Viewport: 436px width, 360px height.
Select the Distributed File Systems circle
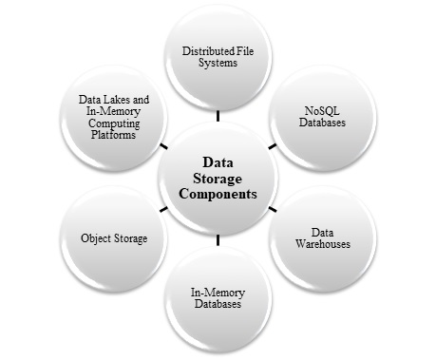point(218,60)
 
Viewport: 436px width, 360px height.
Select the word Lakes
point(122,99)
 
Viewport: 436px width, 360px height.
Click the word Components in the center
point(218,195)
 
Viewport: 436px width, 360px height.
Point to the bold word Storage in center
point(218,178)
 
